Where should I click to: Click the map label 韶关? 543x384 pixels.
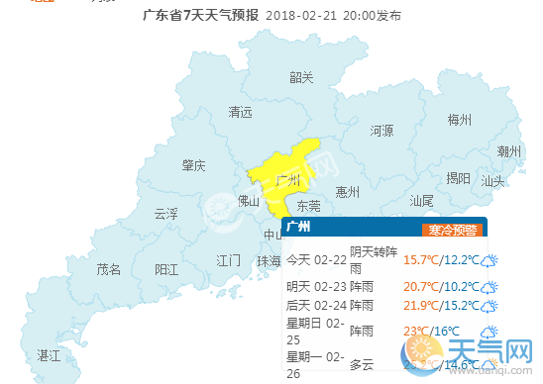pos(301,77)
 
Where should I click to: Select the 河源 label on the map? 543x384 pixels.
pos(381,131)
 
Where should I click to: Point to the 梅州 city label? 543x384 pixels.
pos(459,120)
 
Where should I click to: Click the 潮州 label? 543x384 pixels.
pos(509,150)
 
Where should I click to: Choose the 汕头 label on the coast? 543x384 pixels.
pos(492,181)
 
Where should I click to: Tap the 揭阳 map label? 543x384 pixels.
pos(459,178)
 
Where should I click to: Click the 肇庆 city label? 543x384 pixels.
pos(193,165)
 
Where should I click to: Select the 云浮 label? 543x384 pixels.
pos(165,213)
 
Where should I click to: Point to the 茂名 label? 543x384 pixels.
pos(108,268)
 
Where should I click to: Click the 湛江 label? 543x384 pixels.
pos(48,353)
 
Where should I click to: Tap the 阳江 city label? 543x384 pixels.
pos(166,268)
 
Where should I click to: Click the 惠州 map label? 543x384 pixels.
pos(347,191)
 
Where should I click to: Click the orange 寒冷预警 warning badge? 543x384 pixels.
pos(451,230)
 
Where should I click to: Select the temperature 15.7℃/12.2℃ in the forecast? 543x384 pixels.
pos(439,260)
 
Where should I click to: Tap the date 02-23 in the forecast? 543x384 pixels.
pos(331,285)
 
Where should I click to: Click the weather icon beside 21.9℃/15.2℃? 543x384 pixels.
pos(489,307)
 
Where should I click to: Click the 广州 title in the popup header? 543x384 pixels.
pos(298,227)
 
